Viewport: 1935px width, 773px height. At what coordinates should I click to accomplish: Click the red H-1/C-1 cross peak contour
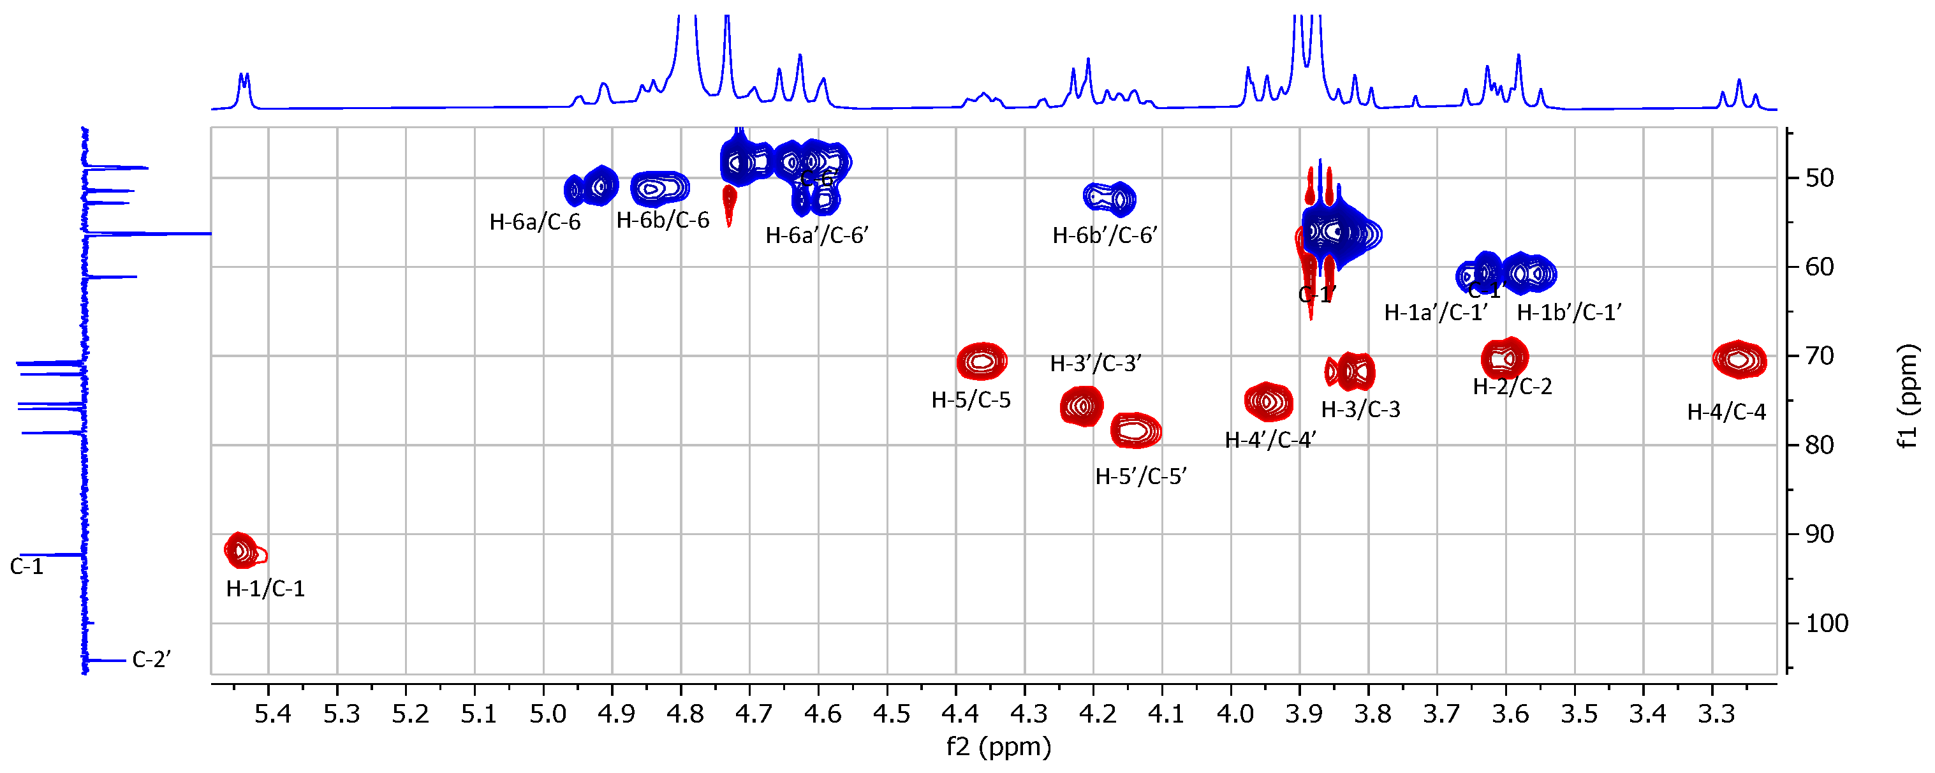(242, 552)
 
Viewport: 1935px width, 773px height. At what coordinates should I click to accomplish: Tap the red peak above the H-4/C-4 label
(1738, 360)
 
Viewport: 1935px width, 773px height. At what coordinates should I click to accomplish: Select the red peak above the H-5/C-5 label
(982, 362)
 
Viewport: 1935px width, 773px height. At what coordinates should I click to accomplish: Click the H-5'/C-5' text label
(1140, 476)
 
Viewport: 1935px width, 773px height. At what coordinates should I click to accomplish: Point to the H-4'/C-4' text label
(1270, 440)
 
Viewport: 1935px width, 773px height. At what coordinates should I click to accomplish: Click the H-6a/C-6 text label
(535, 223)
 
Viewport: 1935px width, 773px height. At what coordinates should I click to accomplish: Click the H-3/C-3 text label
(1360, 409)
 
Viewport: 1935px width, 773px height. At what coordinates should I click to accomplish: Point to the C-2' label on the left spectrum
(151, 659)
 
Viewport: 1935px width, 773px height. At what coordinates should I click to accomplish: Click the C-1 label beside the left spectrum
(26, 567)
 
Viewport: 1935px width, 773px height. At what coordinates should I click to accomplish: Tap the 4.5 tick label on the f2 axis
(892, 714)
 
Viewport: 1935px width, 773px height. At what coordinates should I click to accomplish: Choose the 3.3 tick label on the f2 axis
(1716, 714)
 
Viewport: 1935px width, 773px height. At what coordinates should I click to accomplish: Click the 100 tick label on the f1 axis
(1827, 624)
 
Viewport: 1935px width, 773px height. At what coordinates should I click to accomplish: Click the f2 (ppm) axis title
(998, 747)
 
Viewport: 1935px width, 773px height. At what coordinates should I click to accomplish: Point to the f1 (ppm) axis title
(1908, 396)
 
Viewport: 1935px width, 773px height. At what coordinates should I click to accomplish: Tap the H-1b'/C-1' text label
(1568, 313)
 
